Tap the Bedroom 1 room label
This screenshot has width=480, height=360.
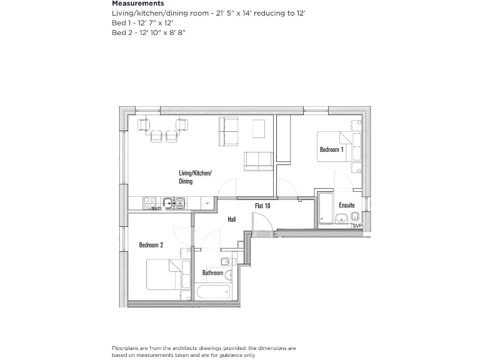(x=331, y=150)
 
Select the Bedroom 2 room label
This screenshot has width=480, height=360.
(x=151, y=245)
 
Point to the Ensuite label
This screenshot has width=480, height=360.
(x=346, y=205)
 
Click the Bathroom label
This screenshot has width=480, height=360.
(x=212, y=273)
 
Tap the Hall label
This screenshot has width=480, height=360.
(x=231, y=220)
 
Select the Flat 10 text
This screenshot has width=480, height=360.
(x=262, y=206)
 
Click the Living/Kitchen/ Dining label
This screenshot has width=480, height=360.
(x=195, y=177)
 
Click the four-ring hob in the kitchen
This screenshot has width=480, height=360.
(x=150, y=202)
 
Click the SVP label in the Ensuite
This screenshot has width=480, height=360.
(x=357, y=226)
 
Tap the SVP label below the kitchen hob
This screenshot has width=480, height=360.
(x=156, y=209)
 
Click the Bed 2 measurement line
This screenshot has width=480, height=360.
(x=149, y=32)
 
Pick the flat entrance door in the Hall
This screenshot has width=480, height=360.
(x=258, y=222)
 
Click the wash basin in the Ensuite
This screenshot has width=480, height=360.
(x=342, y=218)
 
